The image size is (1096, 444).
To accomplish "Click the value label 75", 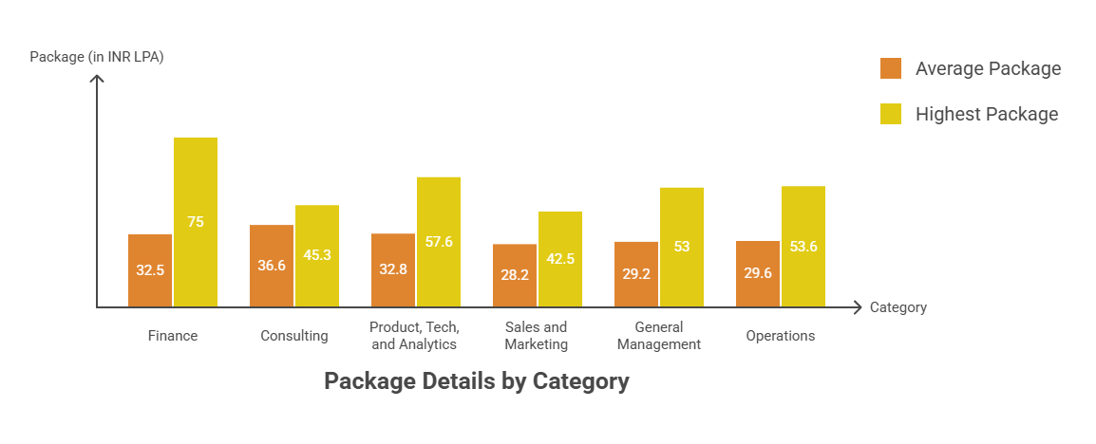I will [196, 222].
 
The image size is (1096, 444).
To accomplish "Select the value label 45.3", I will [317, 254].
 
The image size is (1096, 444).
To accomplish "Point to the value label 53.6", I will [803, 247].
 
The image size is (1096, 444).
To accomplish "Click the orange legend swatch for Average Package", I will [891, 68].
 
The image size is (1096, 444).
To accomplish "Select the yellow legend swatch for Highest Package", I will [891, 114].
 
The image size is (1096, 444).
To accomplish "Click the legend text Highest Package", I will [987, 114].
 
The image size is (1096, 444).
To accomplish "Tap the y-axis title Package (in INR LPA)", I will [97, 56].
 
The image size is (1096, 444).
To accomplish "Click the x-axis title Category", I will [898, 307].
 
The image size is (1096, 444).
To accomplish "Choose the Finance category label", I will [173, 336].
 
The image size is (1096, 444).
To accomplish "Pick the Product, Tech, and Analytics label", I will [415, 336].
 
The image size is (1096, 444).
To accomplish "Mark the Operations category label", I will [781, 336].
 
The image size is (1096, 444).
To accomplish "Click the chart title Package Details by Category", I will [477, 381].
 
